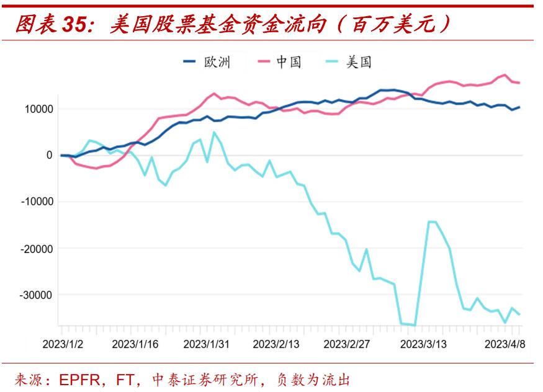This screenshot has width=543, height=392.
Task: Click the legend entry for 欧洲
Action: [x=207, y=61]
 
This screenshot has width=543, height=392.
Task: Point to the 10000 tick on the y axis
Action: [x=39, y=109]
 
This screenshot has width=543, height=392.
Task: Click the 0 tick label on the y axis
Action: [x=49, y=156]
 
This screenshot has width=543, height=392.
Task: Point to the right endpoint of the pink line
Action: [x=519, y=82]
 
